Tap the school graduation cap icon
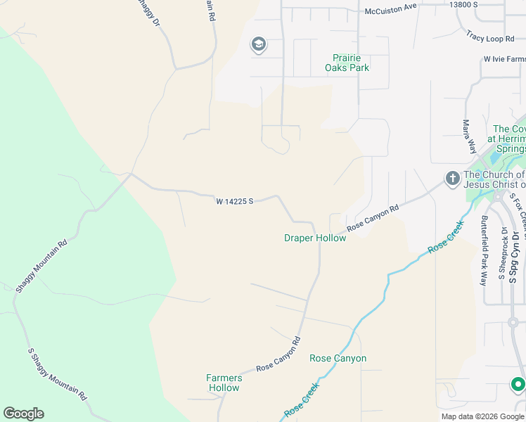258,45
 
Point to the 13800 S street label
464,4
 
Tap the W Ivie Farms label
503,59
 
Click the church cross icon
452,177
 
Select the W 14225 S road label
234,201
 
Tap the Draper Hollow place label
315,238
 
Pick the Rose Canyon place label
338,358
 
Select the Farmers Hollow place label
224,383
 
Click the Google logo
23,414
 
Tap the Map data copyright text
483,416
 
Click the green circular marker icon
518,385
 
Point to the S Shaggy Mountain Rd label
58,372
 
